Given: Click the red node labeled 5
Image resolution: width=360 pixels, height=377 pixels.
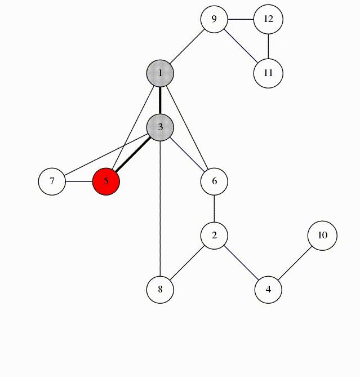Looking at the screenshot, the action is coord(106,181).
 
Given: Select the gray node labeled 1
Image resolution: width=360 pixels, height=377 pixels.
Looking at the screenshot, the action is coord(160,73).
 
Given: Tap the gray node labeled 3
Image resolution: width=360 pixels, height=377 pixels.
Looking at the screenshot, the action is coord(160,127).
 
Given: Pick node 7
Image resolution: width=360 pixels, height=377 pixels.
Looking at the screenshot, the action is coord(52,181).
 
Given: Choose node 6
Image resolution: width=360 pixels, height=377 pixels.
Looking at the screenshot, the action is coord(214,181).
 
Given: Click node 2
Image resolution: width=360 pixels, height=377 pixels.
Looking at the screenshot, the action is coord(214,236).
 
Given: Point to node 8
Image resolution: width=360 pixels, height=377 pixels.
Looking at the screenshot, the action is coord(160,290).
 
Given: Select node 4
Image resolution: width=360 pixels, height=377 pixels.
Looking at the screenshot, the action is coord(268,290).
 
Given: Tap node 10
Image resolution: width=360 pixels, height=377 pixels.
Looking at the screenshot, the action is coord(322,236).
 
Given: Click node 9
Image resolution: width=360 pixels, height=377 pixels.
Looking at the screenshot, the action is coord(214,19).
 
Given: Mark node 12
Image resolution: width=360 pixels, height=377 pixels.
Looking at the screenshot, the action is coord(268,19).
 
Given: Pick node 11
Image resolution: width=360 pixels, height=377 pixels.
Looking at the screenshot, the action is coord(268,73).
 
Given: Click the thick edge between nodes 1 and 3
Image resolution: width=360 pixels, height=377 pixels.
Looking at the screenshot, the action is coord(160,100).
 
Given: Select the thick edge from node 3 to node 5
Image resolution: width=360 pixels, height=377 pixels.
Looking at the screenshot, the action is coord(133,154).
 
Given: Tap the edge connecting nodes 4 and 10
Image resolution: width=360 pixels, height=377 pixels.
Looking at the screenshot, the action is coord(295,263).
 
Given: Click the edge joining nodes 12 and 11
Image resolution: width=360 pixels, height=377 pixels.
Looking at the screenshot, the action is coord(268,46).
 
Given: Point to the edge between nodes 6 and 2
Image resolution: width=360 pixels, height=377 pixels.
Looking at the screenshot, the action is coord(214,209).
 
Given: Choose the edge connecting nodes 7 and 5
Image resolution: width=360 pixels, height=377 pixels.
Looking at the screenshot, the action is coord(79,181).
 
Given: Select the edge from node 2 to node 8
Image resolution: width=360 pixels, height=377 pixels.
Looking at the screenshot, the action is coord(187,263).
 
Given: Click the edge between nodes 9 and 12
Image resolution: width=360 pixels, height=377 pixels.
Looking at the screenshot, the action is coord(241,19).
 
